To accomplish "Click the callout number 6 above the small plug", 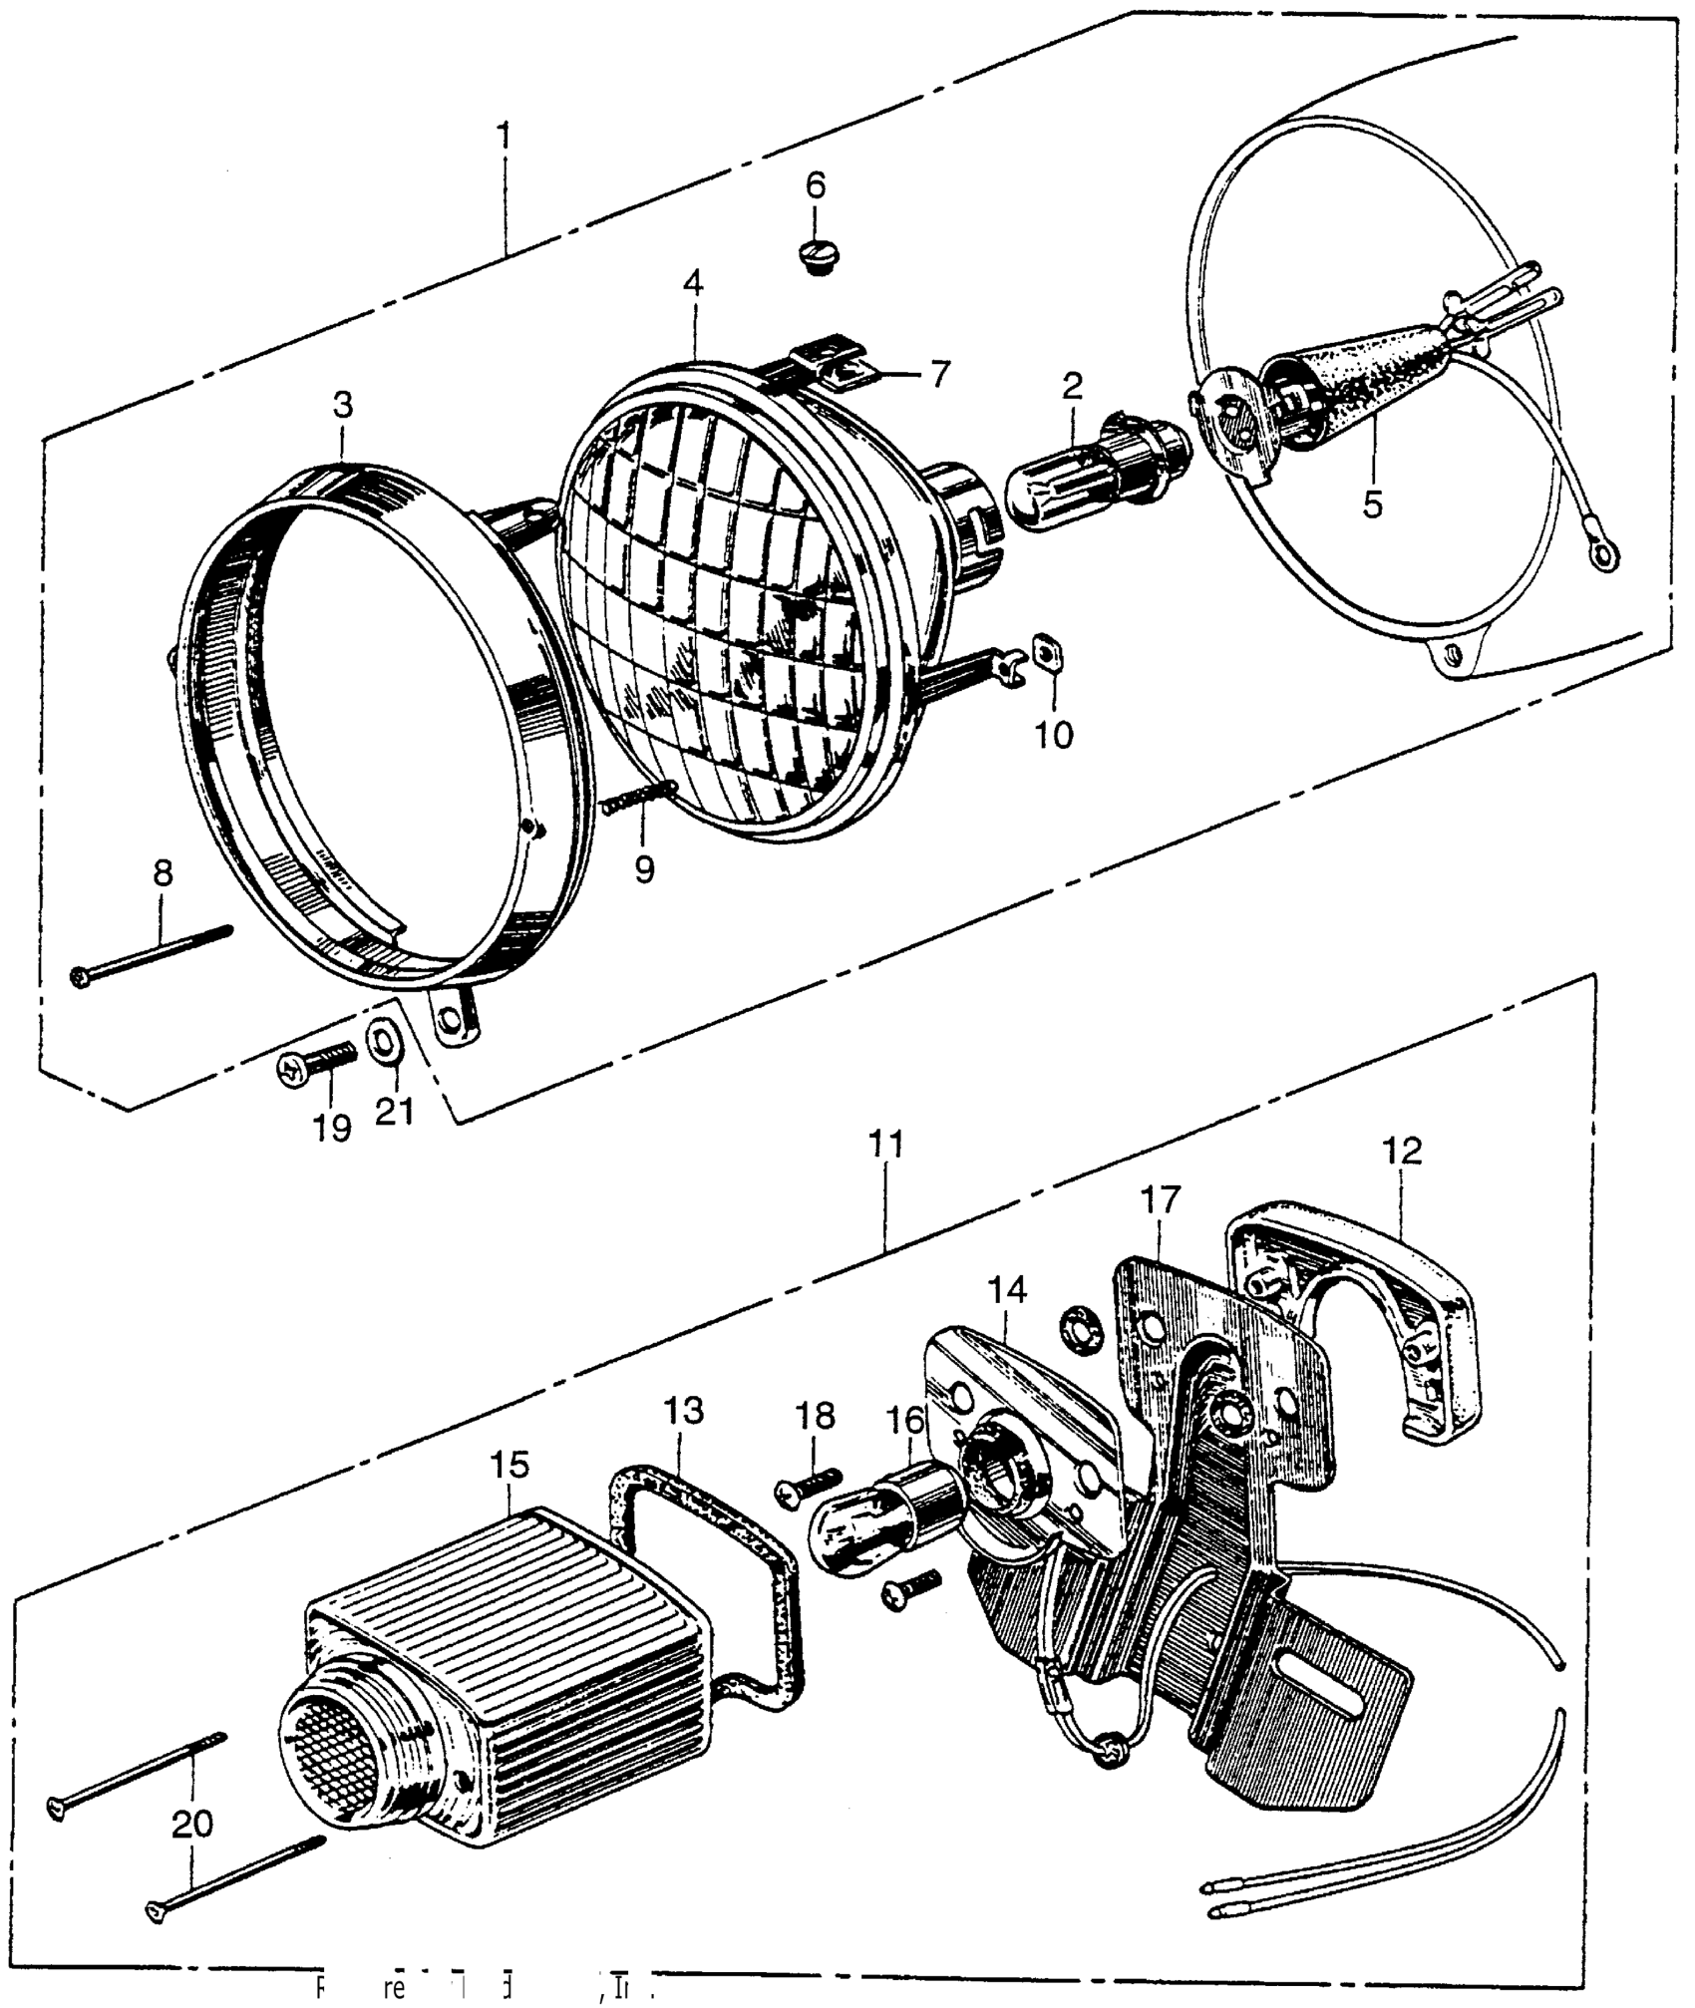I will pyautogui.click(x=816, y=185).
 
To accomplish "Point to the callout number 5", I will pyautogui.click(x=1373, y=504).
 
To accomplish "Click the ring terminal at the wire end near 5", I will pyautogui.click(x=1604, y=554).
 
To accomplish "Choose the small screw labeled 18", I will pyautogui.click(x=810, y=1487).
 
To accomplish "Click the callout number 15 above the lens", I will pyautogui.click(x=509, y=1466).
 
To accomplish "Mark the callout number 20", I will pyautogui.click(x=192, y=1824).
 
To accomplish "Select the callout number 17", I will pyautogui.click(x=1162, y=1198).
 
